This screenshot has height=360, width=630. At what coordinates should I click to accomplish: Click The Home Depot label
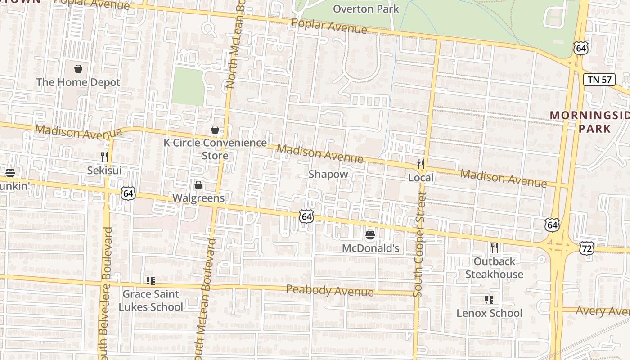click(78, 82)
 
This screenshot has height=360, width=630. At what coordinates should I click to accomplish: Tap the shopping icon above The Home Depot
click(78, 69)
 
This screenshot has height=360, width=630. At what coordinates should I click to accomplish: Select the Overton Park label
click(366, 9)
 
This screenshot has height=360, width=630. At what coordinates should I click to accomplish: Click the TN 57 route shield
click(599, 80)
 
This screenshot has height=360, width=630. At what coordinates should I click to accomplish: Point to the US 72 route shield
click(587, 248)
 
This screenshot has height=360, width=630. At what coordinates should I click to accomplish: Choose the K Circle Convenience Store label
click(215, 149)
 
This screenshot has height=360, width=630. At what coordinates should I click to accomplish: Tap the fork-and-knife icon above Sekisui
click(104, 157)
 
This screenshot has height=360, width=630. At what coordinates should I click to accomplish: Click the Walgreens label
click(198, 198)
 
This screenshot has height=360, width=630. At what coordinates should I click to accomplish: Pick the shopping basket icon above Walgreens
click(198, 185)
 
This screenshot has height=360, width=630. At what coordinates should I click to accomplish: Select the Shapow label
click(328, 174)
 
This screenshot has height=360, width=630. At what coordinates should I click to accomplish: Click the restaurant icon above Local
click(421, 164)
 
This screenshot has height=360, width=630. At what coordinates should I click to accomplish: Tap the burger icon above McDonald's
click(370, 235)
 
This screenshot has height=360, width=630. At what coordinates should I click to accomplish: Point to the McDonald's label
click(370, 248)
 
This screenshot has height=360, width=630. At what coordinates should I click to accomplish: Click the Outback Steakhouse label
click(494, 268)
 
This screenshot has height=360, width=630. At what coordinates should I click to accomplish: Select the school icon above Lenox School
click(489, 300)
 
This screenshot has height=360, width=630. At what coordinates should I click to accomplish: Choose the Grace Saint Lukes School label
click(150, 301)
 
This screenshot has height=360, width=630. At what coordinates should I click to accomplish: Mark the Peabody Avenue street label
click(330, 291)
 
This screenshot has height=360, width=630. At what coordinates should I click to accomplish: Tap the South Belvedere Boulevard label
click(107, 292)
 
